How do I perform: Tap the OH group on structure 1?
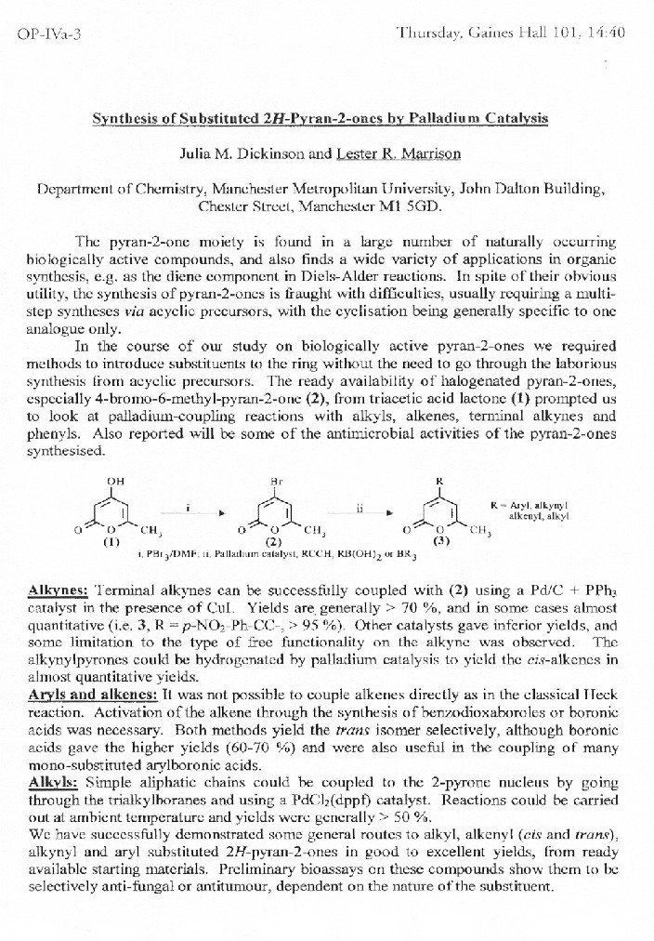tap(115, 481)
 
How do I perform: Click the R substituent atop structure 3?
tap(439, 481)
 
